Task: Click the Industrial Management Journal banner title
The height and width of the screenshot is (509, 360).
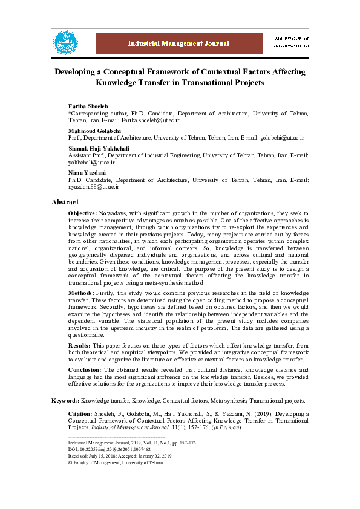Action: pos(178,44)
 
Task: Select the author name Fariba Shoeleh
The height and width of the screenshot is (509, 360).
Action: pos(88,106)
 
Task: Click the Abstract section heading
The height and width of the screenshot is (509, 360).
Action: pos(65,202)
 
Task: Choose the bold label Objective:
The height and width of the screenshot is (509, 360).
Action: pos(82,213)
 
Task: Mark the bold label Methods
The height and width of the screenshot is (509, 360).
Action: pos(80,293)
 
